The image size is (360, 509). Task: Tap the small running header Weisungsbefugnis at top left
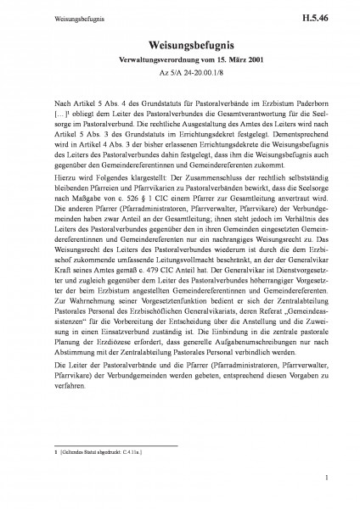tap(52, 16)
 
